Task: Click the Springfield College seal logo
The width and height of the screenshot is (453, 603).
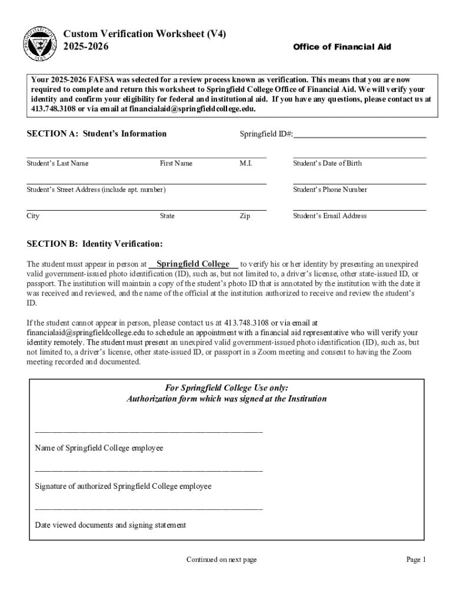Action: click(x=41, y=45)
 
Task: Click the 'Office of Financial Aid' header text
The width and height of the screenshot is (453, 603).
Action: click(x=342, y=47)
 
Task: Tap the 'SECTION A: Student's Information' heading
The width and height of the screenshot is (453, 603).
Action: click(x=96, y=134)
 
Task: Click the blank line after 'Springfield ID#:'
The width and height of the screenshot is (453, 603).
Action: click(x=359, y=135)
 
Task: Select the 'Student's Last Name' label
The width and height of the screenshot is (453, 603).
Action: click(x=58, y=163)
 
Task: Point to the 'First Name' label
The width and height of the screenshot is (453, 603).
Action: click(x=176, y=163)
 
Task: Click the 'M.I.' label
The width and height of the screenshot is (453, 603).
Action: click(x=246, y=163)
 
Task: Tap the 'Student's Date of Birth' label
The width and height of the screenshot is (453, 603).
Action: click(x=327, y=163)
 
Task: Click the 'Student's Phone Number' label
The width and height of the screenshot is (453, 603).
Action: click(x=330, y=190)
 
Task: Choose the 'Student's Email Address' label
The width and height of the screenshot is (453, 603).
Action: click(x=329, y=216)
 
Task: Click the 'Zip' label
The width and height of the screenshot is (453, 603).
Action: click(x=245, y=216)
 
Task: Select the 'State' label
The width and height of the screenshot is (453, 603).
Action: click(x=167, y=216)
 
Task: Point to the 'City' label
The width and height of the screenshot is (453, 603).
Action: click(x=33, y=216)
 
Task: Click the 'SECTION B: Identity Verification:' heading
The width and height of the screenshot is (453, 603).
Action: click(x=95, y=244)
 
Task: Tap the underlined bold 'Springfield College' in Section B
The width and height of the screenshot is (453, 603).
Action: click(x=193, y=264)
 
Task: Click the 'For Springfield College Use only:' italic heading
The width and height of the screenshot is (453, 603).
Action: click(x=226, y=388)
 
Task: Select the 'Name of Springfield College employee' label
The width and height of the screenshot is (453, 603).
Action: click(x=99, y=448)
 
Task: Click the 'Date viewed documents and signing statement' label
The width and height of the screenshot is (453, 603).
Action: click(x=111, y=525)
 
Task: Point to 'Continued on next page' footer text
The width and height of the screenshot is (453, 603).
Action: click(x=221, y=559)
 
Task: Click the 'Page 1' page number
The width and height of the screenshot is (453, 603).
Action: click(x=415, y=559)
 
